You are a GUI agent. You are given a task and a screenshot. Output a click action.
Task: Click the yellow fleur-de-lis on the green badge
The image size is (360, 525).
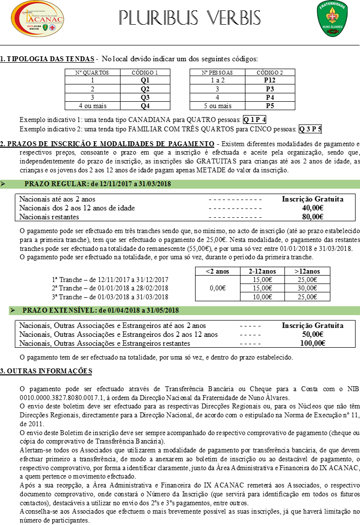(x=332, y=16)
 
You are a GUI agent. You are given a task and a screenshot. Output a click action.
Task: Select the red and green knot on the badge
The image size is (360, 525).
(x=332, y=32)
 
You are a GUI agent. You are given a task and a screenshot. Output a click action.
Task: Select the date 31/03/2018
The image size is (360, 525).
(x=155, y=184)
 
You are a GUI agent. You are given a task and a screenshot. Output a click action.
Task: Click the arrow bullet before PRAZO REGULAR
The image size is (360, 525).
(x=3, y=184)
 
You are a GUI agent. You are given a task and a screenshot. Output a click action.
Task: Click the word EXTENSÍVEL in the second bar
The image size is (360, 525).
(x=73, y=311)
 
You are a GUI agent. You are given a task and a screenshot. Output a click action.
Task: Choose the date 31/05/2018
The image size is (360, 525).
(x=162, y=311)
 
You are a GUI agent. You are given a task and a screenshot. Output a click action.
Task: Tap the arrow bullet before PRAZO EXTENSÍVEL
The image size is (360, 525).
(x=12, y=311)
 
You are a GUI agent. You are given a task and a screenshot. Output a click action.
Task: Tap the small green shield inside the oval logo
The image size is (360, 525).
(x=46, y=28)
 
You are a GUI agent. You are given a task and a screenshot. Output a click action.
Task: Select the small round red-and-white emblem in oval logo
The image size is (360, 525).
(x=52, y=28)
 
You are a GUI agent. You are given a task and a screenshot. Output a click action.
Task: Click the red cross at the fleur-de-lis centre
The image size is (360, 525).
(x=332, y=16)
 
